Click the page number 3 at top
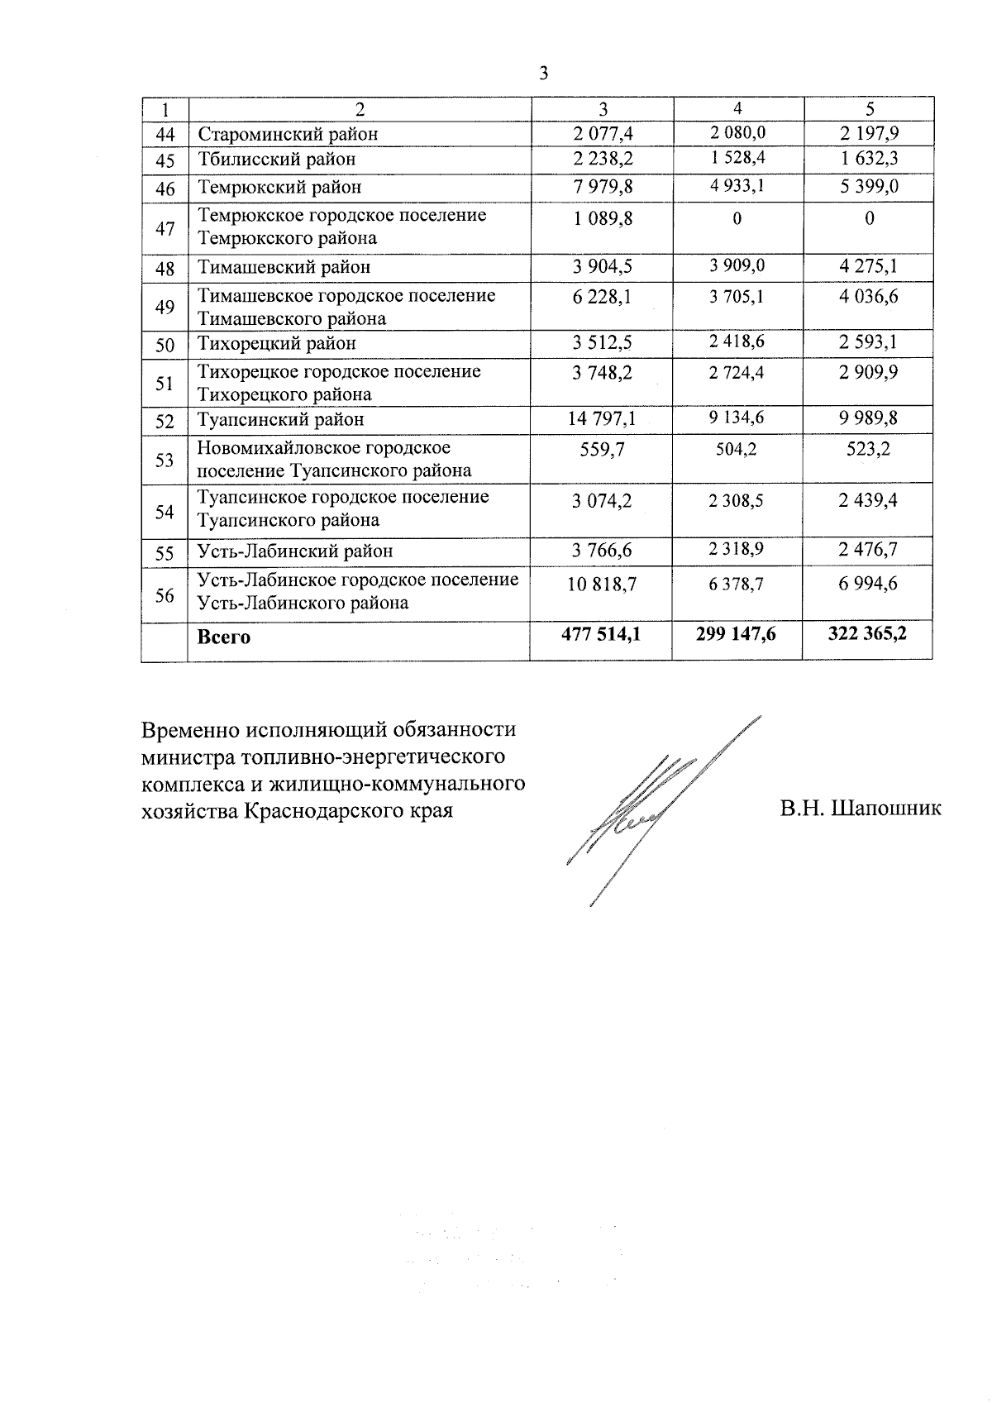[543, 74]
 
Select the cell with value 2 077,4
[603, 133]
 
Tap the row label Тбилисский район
[277, 159]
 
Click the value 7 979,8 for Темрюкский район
[603, 187]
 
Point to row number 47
[165, 228]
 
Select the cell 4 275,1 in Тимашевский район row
[868, 266]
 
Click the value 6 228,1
[602, 296]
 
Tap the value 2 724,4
[737, 372]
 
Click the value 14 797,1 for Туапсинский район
[601, 419]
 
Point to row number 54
[165, 512]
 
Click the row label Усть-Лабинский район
[295, 551]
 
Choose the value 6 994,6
[868, 584]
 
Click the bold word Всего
[224, 637]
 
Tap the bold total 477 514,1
[601, 634]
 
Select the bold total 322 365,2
[868, 634]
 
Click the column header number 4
[737, 107]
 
